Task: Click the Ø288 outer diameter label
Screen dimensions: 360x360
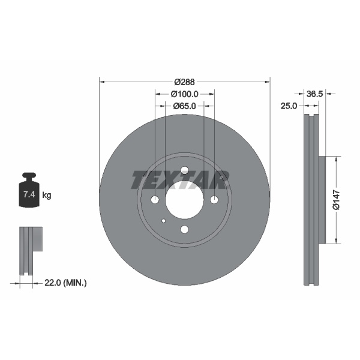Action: [185, 82]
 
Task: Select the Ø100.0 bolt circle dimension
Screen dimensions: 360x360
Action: [185, 94]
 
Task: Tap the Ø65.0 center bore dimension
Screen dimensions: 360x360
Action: [185, 106]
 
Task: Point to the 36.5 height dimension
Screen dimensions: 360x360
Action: [315, 94]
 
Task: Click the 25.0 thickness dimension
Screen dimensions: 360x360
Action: [290, 106]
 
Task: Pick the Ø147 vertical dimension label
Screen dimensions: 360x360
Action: [337, 200]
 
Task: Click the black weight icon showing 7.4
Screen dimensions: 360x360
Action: [28, 192]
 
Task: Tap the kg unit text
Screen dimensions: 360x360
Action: [47, 195]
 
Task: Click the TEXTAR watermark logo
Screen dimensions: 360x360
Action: [180, 179]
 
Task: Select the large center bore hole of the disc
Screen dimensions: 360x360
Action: [184, 200]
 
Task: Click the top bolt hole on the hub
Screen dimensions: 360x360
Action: [184, 170]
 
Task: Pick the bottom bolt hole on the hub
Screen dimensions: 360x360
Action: [184, 229]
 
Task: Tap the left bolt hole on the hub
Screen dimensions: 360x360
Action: [155, 200]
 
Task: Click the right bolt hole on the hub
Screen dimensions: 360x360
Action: [214, 200]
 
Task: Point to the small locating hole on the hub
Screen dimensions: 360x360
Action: [163, 220]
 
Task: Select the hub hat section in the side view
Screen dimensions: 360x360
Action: [321, 200]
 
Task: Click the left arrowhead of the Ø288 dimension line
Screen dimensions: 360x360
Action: [101, 82]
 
